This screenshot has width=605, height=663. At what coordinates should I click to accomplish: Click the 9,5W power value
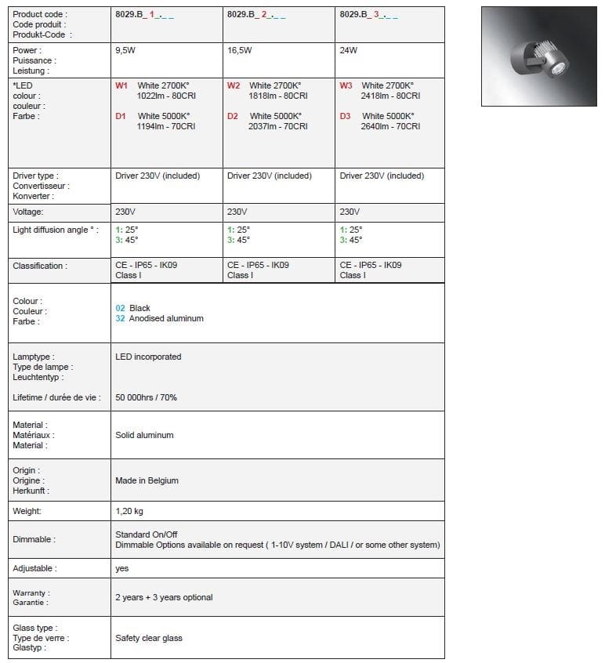(x=125, y=50)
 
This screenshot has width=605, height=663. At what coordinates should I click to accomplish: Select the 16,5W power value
(x=240, y=50)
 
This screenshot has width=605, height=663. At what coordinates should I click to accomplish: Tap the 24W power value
(x=349, y=50)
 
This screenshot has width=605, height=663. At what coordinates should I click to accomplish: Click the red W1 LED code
(x=121, y=85)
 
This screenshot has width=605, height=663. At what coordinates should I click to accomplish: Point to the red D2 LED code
(x=233, y=116)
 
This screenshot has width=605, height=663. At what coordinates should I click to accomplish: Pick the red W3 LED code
(x=346, y=85)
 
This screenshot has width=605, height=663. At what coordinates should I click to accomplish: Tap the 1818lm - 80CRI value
(x=275, y=96)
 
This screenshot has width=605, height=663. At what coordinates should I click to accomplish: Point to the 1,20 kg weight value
(x=129, y=511)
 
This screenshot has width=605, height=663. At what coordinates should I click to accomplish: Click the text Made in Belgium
(x=147, y=480)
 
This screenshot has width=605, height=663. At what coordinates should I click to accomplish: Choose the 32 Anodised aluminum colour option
(x=159, y=318)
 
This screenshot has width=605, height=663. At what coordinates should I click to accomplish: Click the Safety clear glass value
(x=148, y=638)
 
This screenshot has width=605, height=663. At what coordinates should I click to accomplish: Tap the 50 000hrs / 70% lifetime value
(x=146, y=397)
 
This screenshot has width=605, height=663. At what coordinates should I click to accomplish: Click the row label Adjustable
(x=34, y=568)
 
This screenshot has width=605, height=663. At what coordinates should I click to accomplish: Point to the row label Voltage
(x=28, y=212)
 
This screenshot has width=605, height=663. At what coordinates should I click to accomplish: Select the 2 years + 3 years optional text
(x=164, y=597)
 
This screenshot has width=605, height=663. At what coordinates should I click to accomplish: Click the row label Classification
(x=39, y=266)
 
